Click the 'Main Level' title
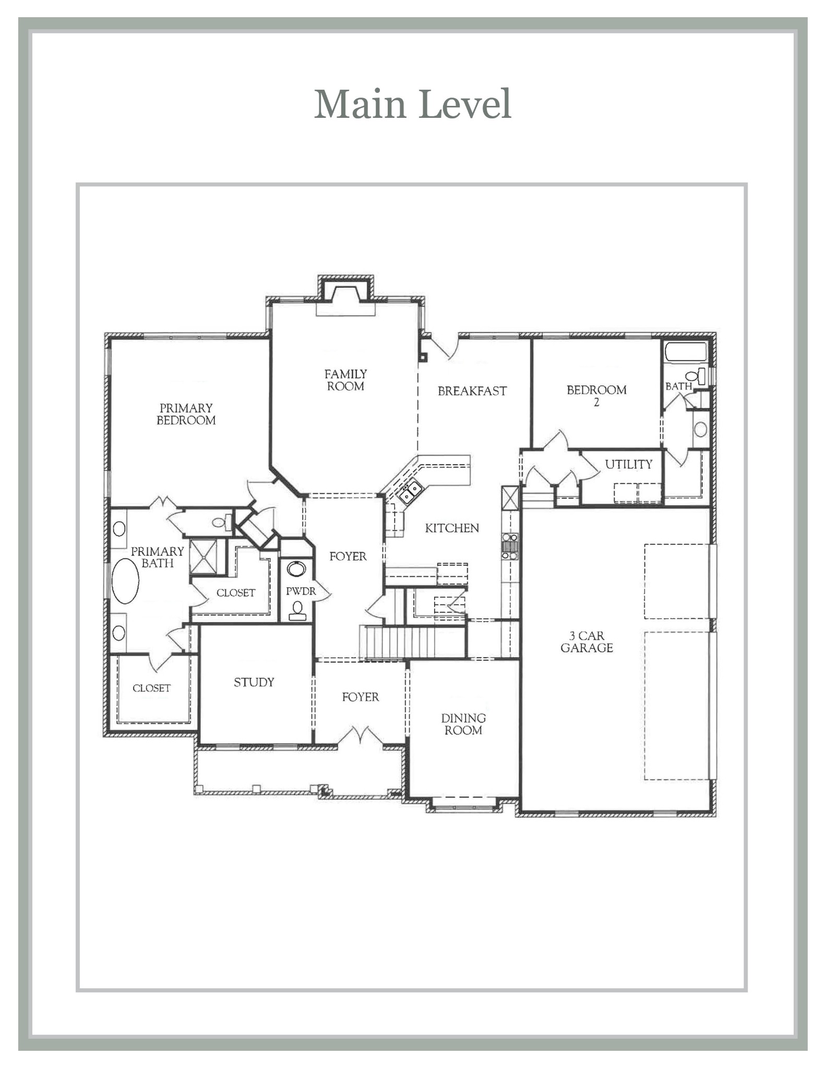[x=412, y=104]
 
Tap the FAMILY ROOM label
[x=345, y=380]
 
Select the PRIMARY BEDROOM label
[x=186, y=414]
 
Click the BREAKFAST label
[x=472, y=391]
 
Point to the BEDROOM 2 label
[x=596, y=396]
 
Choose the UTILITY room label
[x=628, y=464]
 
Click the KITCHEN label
[x=452, y=528]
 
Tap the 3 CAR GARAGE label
[x=586, y=642]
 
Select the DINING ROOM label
[x=463, y=724]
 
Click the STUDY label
[x=254, y=682]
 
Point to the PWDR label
[x=301, y=591]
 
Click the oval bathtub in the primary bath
[x=125, y=581]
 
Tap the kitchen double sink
[x=410, y=491]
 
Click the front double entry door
[x=360, y=736]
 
